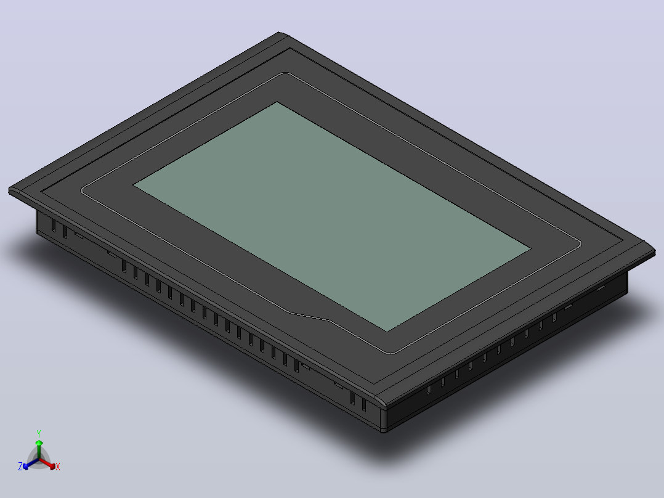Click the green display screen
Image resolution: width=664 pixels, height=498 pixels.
[x=332, y=216]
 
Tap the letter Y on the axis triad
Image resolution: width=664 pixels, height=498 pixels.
[x=39, y=433]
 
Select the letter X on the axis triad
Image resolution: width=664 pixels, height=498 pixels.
[x=58, y=467]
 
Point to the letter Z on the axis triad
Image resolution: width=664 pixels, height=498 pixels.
[x=20, y=466]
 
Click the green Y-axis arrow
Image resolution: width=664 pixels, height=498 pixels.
[x=39, y=449]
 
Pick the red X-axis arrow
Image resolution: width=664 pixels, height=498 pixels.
[x=47, y=463]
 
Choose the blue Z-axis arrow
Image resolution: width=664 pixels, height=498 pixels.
[x=31, y=463]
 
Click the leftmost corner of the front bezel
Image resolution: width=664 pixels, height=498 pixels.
[x=9, y=190]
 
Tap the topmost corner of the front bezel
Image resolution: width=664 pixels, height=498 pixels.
[x=280, y=32]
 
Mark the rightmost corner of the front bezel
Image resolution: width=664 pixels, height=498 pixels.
[x=655, y=253]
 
